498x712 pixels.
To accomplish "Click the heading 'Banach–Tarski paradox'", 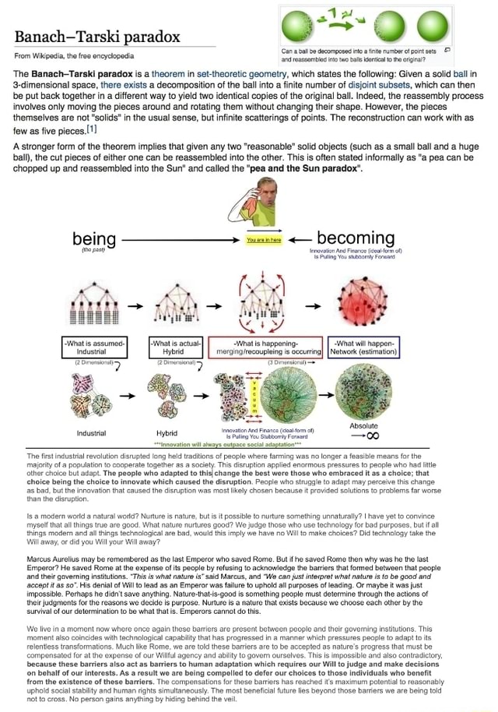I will (x=96, y=37).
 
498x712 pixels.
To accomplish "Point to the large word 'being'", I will (x=94, y=238).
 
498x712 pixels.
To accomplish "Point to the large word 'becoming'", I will (x=356, y=238).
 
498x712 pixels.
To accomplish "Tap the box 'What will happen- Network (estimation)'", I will (x=364, y=347).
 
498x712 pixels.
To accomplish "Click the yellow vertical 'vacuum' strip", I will (x=251, y=394).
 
